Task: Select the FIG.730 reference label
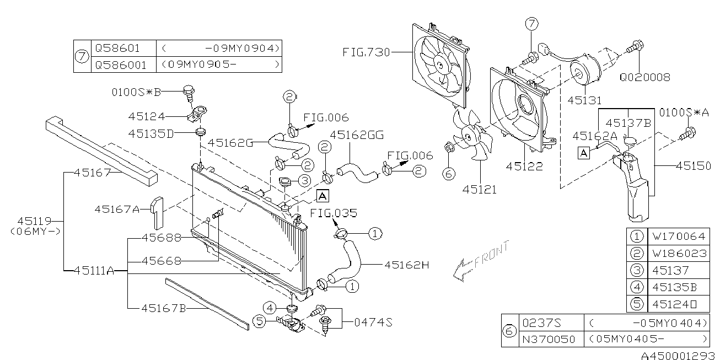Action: [366, 53]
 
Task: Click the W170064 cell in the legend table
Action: [678, 237]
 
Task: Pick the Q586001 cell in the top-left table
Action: [121, 65]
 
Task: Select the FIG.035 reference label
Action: [333, 213]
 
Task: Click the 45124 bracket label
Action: [147, 116]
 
